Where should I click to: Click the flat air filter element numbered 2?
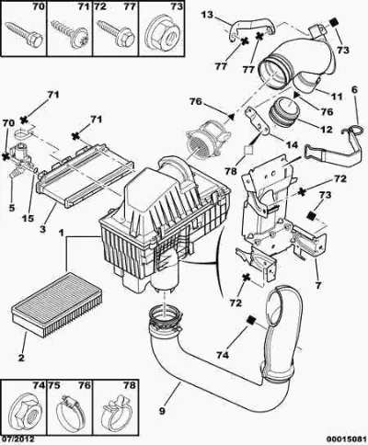(57, 304)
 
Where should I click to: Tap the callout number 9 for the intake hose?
(162, 411)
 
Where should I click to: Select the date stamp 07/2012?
(17, 439)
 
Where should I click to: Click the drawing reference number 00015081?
(346, 439)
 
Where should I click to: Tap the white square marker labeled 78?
(248, 150)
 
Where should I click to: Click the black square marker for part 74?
(251, 320)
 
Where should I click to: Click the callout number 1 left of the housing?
(62, 234)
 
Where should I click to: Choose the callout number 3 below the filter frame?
(42, 229)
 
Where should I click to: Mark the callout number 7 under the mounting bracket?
(318, 285)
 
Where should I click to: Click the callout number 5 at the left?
(11, 208)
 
